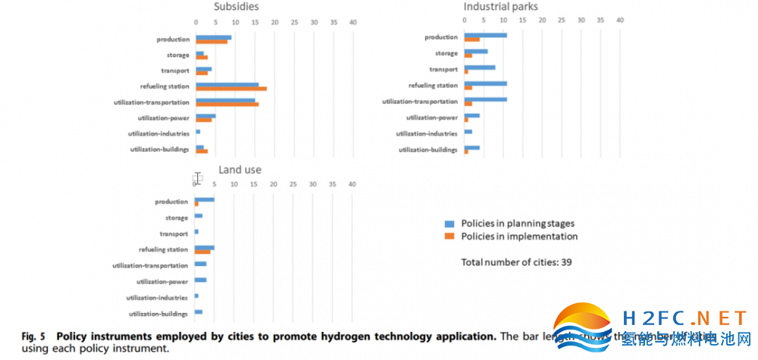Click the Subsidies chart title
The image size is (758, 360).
pos(236,6)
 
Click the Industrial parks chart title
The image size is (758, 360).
pos(500,6)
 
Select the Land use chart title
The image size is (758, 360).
pos(240,170)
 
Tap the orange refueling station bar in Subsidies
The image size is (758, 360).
pos(231,89)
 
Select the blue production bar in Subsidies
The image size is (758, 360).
pos(213,36)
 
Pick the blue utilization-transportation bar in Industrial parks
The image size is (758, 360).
pos(485,99)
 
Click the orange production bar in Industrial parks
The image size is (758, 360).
pos(471,39)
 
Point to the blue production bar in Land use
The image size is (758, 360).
pos(204,199)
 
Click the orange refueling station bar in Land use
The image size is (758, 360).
pos(202,251)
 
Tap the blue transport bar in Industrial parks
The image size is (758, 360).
pos(479,67)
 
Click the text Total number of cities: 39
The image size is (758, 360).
pos(517,262)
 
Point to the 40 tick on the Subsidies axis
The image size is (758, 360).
pos(352,22)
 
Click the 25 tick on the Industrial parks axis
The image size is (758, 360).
pos(562,20)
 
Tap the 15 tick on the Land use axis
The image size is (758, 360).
pos(254,184)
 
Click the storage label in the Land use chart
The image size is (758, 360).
pos(177,218)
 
